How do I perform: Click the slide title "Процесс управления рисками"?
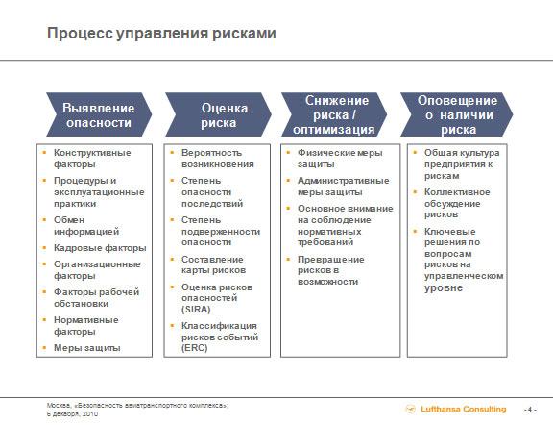point(161,34)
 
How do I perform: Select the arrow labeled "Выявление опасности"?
point(99,114)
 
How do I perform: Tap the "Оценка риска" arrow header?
point(218,114)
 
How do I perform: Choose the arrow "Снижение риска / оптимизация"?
point(334,114)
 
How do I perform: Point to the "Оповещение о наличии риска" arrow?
point(457,114)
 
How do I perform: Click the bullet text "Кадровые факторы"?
point(100,248)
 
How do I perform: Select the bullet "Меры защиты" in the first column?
point(87,348)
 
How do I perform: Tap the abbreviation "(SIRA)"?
point(196,310)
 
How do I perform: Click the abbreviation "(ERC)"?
point(194,348)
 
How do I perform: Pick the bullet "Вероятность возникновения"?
point(218,159)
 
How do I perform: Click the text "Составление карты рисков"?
point(213,265)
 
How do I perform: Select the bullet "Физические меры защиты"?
point(340,159)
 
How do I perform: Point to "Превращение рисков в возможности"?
point(331,270)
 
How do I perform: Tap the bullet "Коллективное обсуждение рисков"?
point(457,204)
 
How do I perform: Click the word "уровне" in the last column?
point(444,287)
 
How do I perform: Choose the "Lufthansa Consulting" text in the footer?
point(464,409)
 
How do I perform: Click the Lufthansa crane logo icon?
point(411,409)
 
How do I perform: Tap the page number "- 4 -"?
point(530,410)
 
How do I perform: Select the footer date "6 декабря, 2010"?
point(72,414)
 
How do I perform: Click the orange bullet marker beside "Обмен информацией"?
point(44,220)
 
